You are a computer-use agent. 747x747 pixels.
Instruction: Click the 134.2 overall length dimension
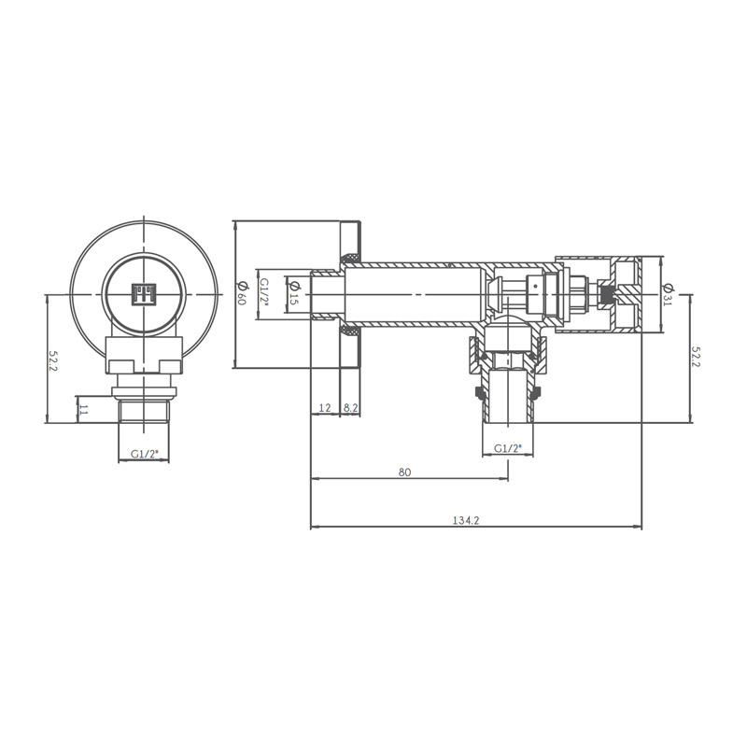coord(465,520)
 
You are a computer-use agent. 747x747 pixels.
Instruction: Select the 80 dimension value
coord(404,472)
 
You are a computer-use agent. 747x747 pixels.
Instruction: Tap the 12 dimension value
coord(325,408)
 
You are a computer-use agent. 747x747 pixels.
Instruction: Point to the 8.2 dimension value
coord(351,408)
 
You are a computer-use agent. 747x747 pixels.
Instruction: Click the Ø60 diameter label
coord(242,293)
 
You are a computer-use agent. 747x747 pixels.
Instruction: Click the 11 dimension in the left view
coord(84,409)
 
